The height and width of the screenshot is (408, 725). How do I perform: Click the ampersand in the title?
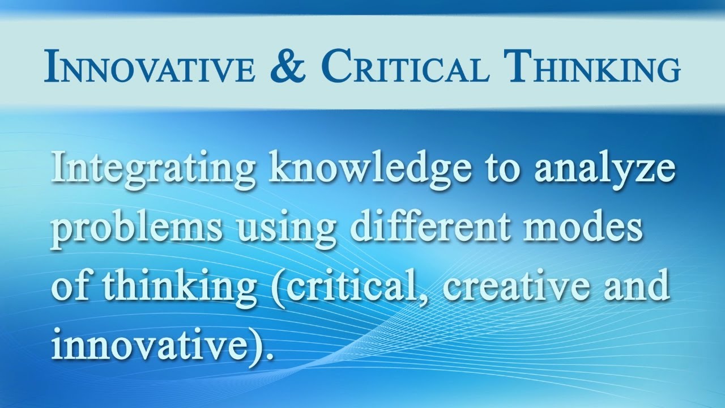(293, 66)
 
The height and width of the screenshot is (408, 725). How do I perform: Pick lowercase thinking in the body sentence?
(181, 287)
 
